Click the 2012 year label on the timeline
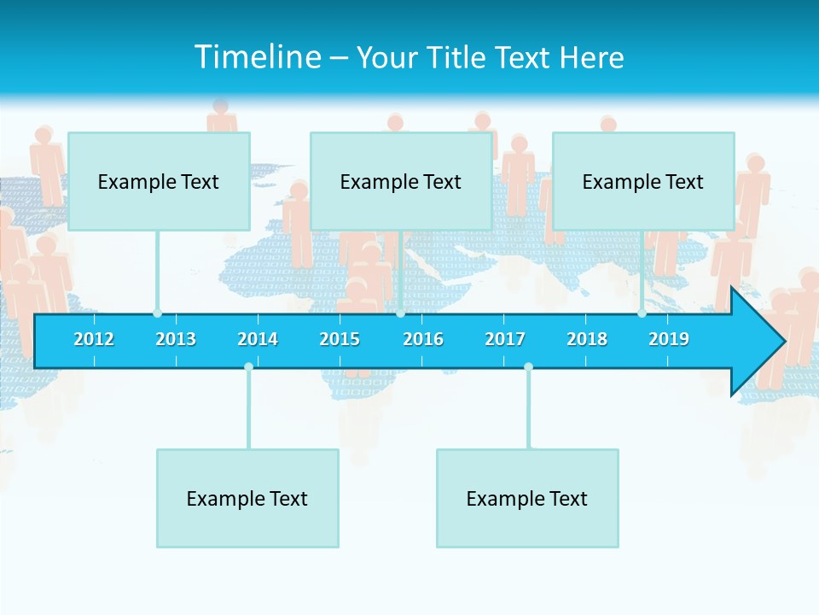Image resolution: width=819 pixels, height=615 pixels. [94, 339]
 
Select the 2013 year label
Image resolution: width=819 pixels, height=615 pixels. [176, 339]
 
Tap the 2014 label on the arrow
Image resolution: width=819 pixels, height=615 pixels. [258, 339]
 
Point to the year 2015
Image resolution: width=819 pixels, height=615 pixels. [340, 339]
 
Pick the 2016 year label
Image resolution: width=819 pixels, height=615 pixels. [423, 339]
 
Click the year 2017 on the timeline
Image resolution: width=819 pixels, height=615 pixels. [505, 339]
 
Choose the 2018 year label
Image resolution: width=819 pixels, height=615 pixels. [587, 339]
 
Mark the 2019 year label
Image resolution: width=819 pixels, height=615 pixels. [669, 339]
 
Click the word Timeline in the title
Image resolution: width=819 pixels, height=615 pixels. [255, 57]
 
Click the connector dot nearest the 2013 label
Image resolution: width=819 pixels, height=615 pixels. [157, 313]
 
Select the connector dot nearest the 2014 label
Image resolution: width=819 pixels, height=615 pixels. [248, 367]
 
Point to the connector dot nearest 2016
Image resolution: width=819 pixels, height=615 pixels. [400, 313]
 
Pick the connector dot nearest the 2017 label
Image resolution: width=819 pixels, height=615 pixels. [528, 367]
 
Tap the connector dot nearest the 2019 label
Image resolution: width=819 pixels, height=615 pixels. [642, 313]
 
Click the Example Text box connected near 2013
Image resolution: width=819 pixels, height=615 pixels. [159, 181]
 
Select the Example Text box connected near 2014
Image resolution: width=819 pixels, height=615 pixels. [247, 498]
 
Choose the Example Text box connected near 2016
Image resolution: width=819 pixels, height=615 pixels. [401, 181]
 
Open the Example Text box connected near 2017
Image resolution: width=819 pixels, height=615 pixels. [527, 498]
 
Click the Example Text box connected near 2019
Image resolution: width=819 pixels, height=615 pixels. [643, 181]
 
